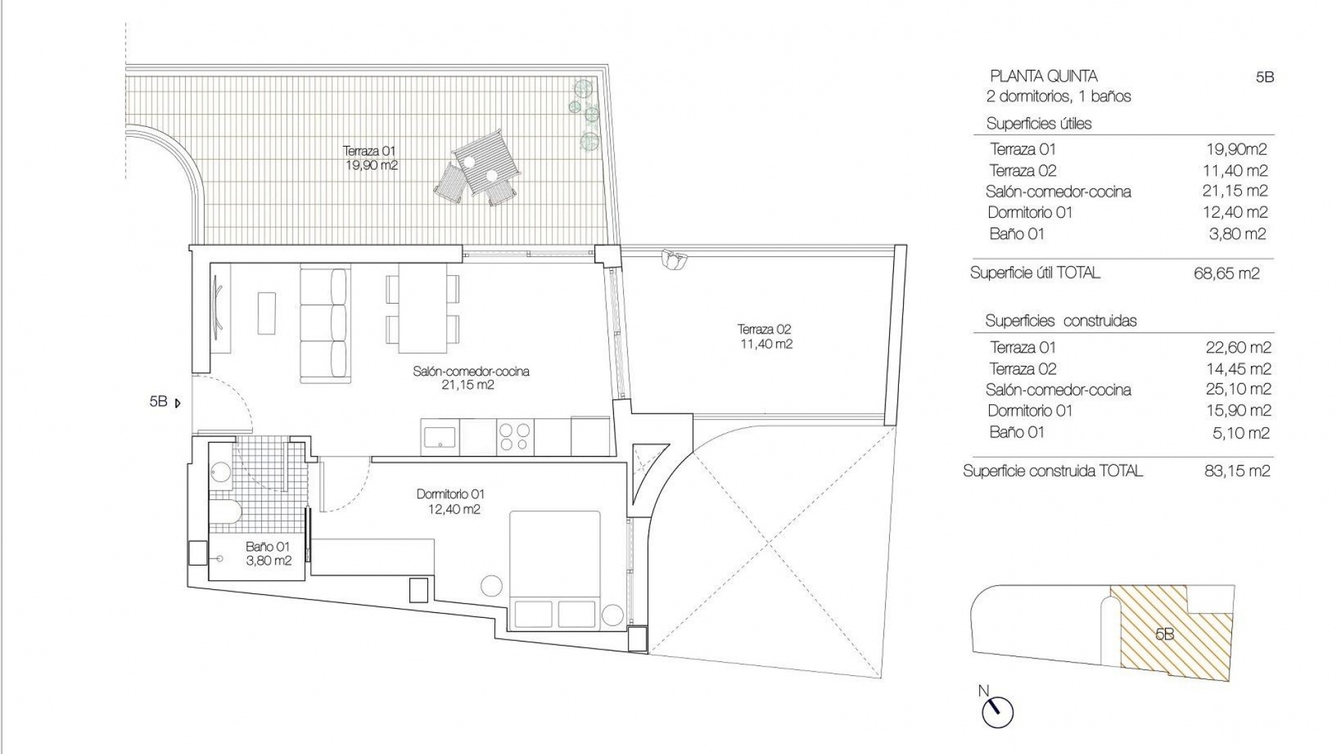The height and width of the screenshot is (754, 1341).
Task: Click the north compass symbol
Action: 997,712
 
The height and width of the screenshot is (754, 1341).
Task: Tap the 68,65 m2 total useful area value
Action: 1226,274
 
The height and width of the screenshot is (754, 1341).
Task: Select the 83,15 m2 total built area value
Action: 1232,471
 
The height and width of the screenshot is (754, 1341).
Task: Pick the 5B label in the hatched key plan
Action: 1164,634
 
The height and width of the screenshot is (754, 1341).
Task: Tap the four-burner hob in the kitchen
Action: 515,436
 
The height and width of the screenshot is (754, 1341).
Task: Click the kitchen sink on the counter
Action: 440,436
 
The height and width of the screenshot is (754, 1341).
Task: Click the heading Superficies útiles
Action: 1039,124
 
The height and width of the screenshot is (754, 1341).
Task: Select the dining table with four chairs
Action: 423,307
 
